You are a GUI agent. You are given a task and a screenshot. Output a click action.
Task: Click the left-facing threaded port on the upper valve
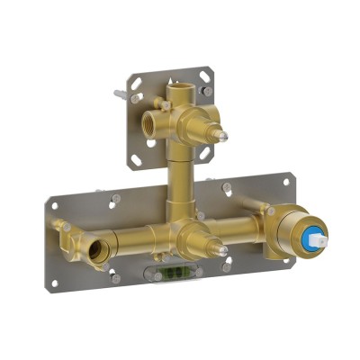[x=148, y=123]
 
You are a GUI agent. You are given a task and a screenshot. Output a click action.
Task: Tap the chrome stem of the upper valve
[x=220, y=134]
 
